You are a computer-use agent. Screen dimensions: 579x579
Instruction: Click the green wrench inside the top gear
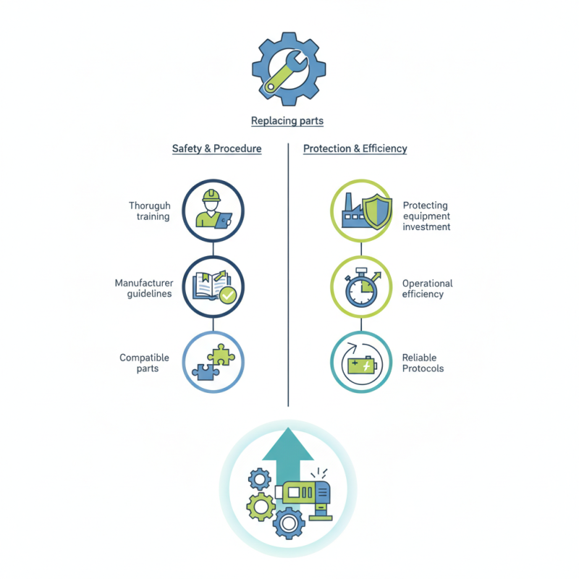pyautogui.click(x=285, y=72)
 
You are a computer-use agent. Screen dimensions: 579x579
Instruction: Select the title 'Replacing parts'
pyautogui.click(x=287, y=121)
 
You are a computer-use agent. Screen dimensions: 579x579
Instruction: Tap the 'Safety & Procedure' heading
pyautogui.click(x=216, y=148)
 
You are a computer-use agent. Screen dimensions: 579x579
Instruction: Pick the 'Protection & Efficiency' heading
pyautogui.click(x=355, y=148)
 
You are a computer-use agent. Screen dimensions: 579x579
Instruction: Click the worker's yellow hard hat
pyautogui.click(x=211, y=195)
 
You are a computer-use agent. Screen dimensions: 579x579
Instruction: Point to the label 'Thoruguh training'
pyautogui.click(x=150, y=211)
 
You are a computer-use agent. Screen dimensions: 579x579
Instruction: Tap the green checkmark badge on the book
pyautogui.click(x=228, y=295)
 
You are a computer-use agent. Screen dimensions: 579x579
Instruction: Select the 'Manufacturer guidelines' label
pyautogui.click(x=144, y=288)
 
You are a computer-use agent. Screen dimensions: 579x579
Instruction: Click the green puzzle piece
pyautogui.click(x=221, y=355)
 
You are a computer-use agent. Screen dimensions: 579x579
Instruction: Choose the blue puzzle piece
pyautogui.click(x=206, y=372)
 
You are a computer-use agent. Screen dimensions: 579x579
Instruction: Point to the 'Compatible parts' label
pyautogui.click(x=144, y=363)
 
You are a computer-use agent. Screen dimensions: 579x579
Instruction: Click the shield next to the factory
pyautogui.click(x=376, y=211)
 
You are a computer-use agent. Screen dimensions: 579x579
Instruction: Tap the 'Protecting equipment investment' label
pyautogui.click(x=426, y=216)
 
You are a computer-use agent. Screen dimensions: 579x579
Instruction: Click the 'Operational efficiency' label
pyautogui.click(x=427, y=288)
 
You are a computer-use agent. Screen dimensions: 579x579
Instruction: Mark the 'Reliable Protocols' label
pyautogui.click(x=423, y=363)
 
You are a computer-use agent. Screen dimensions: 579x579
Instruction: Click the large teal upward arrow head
pyautogui.click(x=288, y=444)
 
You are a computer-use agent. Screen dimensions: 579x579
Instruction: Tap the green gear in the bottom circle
pyautogui.click(x=261, y=507)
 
